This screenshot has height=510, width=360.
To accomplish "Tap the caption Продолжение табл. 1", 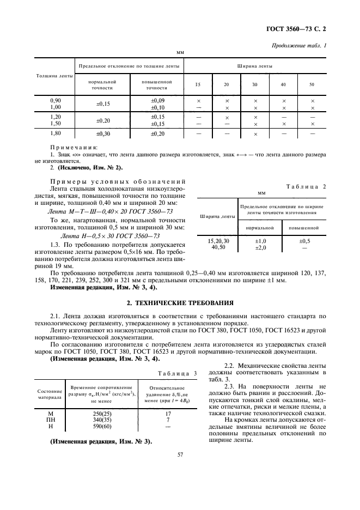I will click(300, 45).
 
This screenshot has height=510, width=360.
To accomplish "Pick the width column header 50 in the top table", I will click(312, 84).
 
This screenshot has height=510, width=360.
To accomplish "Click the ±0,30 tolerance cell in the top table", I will click(102, 133).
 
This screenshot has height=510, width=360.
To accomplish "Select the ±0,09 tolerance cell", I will click(157, 101).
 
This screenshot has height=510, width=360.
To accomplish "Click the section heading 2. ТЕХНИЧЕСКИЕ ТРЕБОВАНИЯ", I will click(180, 301).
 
